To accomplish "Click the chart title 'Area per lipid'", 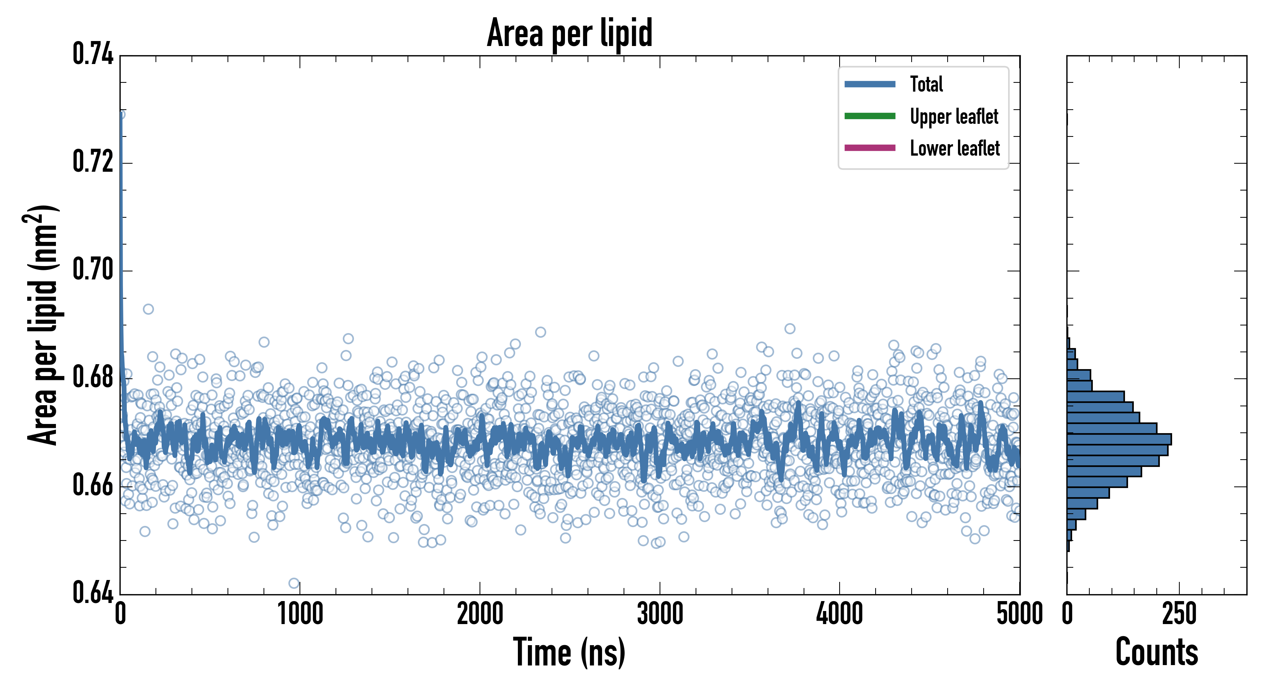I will coord(569,33).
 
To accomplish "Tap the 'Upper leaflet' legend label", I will coord(953,117).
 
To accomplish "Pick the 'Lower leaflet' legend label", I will coord(955,148).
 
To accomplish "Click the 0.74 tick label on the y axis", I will coord(93,54).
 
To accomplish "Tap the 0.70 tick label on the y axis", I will coord(93,269).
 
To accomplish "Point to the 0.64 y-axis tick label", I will coord(93,592).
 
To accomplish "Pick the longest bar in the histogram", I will coord(1119,439).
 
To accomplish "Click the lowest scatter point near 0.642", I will coord(294,583).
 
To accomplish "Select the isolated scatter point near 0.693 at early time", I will coord(148,309).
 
